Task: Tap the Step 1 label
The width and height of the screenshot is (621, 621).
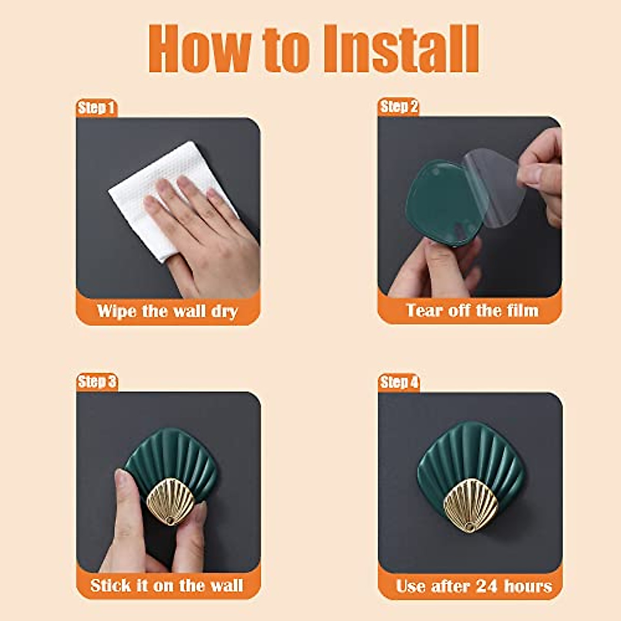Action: [x=96, y=108]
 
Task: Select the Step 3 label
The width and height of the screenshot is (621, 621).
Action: [x=96, y=382]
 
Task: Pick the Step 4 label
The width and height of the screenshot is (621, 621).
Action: [x=398, y=382]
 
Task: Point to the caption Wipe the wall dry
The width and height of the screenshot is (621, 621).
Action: [x=167, y=312]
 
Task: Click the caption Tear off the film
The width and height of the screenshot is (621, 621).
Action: [x=471, y=310]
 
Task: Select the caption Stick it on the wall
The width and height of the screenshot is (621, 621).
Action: [x=167, y=585]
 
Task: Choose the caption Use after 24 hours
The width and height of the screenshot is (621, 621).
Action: [x=474, y=586]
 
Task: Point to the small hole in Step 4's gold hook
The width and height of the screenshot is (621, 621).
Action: [x=469, y=526]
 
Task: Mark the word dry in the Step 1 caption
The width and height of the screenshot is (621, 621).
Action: [x=224, y=312]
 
